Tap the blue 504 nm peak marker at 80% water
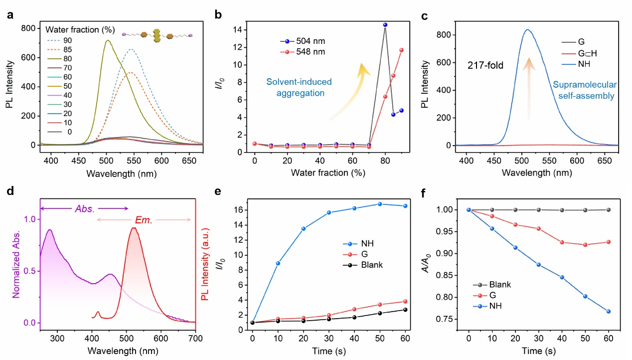pyautogui.click(x=385, y=24)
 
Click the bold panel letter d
pyautogui.click(x=9, y=192)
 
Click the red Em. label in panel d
pyautogui.click(x=145, y=219)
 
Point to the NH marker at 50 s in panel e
pyautogui.click(x=380, y=204)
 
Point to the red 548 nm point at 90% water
pyautogui.click(x=401, y=50)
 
